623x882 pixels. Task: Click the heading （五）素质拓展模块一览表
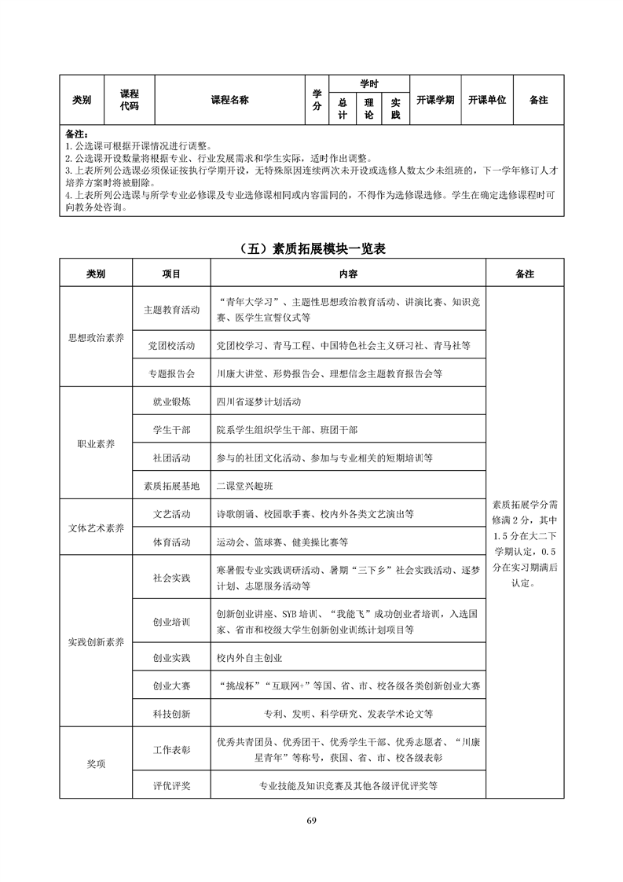[311, 249]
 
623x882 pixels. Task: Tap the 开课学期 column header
[435, 100]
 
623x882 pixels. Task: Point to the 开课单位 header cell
[486, 100]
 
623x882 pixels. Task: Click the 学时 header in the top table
[369, 83]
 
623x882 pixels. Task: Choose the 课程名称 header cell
[229, 100]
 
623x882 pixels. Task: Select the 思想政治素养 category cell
[95, 337]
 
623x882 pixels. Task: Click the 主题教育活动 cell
[171, 310]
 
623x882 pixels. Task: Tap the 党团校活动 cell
[171, 345]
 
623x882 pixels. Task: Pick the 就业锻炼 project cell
[171, 401]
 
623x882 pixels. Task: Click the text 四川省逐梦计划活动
[258, 401]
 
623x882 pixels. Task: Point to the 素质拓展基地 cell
[171, 485]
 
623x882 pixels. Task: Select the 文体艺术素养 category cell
[95, 527]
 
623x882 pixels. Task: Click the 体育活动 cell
[171, 542]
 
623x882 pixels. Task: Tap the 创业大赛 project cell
[171, 685]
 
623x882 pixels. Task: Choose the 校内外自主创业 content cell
[249, 657]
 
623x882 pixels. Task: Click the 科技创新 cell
[171, 714]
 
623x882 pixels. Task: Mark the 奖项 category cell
[95, 763]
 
